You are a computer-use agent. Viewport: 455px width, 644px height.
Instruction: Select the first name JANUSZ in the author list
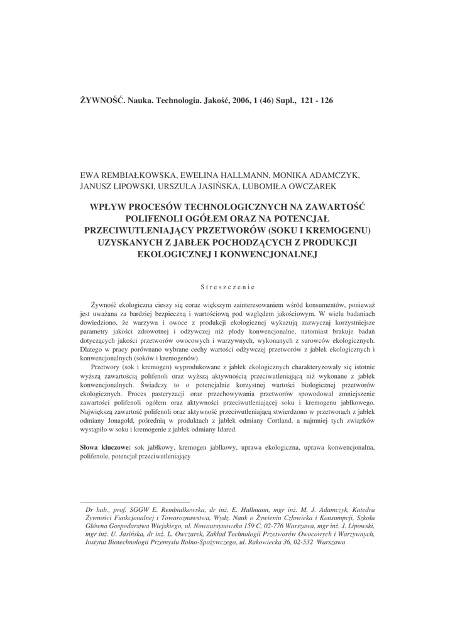pos(100,186)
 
